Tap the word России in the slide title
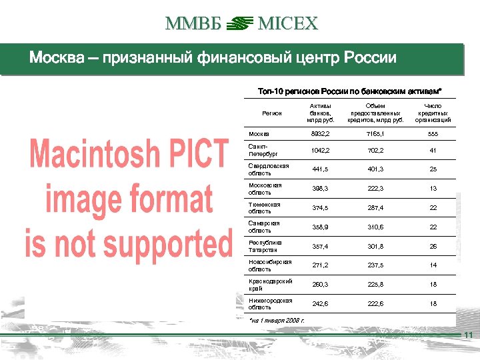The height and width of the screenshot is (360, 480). (x=370, y=58)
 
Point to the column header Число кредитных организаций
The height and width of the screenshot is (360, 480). (x=433, y=113)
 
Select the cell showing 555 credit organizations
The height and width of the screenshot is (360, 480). (x=433, y=133)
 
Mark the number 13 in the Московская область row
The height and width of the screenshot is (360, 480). (x=433, y=189)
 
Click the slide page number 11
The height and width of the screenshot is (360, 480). (x=468, y=335)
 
